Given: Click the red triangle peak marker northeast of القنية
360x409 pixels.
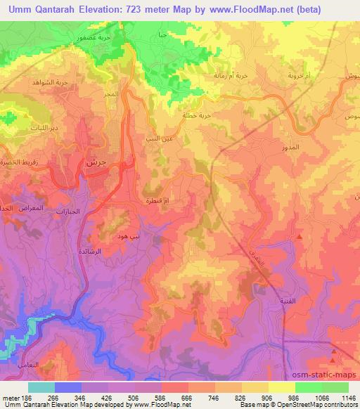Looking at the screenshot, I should [x=300, y=237].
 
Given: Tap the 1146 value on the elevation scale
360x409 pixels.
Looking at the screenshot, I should [x=346, y=398].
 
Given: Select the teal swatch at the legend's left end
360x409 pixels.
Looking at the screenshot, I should [x=41, y=387].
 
